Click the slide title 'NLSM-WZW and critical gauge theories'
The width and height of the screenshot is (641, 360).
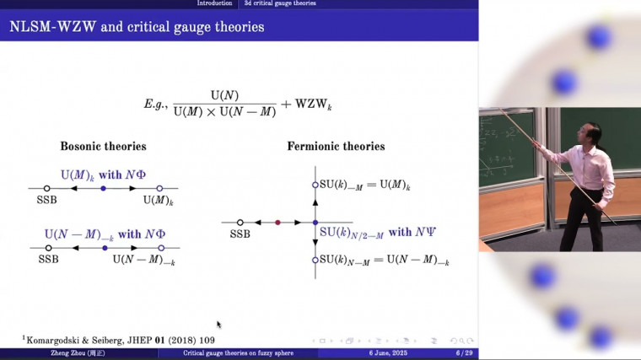click(137, 26)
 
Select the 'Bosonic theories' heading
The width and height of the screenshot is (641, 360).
click(103, 147)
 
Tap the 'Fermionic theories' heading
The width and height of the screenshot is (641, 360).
click(336, 147)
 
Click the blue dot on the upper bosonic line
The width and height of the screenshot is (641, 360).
click(103, 188)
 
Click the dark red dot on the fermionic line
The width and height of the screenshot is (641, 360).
click(277, 223)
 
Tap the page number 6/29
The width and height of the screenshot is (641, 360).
click(462, 354)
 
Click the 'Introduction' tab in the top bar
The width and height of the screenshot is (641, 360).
click(214, 3)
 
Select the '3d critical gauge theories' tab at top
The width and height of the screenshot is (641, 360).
click(280, 3)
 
